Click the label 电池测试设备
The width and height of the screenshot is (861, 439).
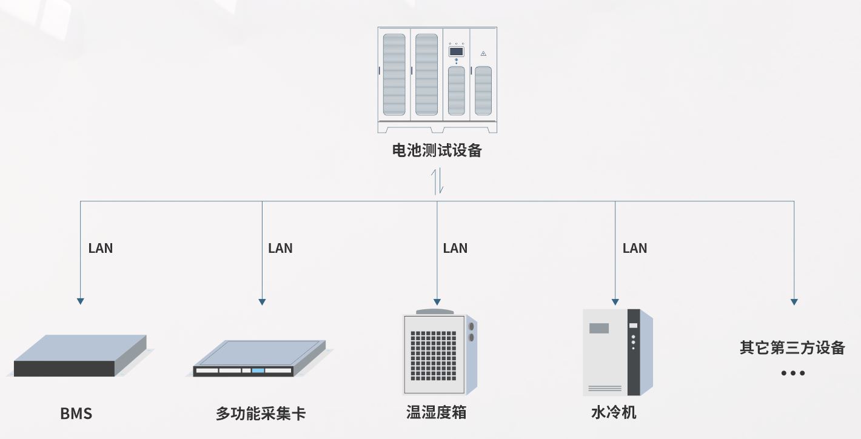coord(437,151)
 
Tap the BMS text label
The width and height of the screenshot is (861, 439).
coord(76,414)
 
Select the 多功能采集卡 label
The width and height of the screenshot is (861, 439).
coord(261,414)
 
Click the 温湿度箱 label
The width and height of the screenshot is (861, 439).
coord(436,413)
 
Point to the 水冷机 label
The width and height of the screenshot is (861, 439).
coord(614,413)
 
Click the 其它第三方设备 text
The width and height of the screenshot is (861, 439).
coord(792,348)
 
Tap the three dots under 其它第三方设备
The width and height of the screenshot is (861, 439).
coord(792,373)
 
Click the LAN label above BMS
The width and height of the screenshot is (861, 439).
coord(101,248)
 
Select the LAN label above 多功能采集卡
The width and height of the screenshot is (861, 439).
coord(280,248)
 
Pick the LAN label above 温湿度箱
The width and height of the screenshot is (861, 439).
coord(455,248)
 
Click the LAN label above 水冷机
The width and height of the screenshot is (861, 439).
coord(635,248)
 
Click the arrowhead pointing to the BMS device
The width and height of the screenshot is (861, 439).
coord(80,301)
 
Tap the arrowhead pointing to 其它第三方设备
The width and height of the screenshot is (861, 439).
coord(794,301)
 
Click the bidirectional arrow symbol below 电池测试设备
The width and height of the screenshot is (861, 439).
coord(437,181)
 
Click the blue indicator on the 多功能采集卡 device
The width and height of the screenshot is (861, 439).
coord(258,370)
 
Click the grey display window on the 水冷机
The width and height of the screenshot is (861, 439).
coord(599,328)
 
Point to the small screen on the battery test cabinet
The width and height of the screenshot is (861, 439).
coord(456,52)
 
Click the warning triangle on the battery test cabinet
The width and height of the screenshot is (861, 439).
coord(483,53)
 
